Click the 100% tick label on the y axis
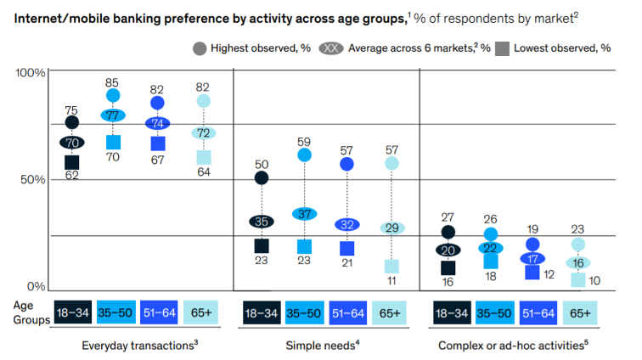pos(31,73)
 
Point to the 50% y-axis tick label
pos(32,180)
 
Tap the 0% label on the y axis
pos(37,287)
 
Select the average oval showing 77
pos(113,115)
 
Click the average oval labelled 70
pos(71,143)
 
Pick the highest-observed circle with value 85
pos(113,96)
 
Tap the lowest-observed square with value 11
pos(391,266)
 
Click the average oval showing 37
pos(304,214)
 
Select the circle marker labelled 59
pos(304,155)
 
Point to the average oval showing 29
pos(391,228)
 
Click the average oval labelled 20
pos(448,250)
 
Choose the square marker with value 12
pos(533,273)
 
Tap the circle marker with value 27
pos(448,232)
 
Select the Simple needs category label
pos(320,346)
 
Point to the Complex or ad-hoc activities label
pos(513,346)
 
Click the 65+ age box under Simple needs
pos(391,312)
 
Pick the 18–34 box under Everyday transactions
pos(71,312)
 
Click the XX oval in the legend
pos(334,48)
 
